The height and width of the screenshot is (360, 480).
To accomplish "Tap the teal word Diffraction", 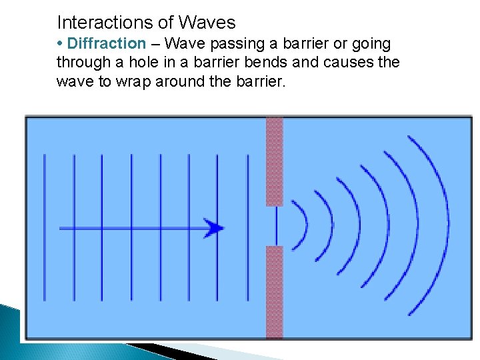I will (107, 44).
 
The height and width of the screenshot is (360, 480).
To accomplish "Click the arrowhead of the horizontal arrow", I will (215, 229).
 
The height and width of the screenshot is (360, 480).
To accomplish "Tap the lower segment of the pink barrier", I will (275, 291).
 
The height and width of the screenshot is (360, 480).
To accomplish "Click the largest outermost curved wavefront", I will (440, 225).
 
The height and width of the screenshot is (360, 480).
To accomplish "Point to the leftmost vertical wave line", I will (45, 227).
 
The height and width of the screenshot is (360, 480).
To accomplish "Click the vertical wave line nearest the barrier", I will (248, 227).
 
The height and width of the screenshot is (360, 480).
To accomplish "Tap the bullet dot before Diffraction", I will (61, 44).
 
